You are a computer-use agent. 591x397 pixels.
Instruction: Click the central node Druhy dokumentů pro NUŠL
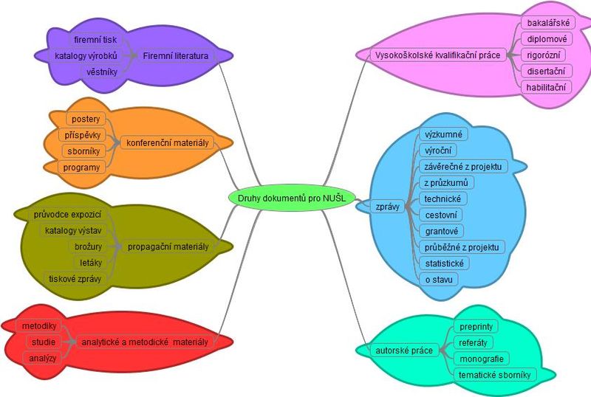coord(292,197)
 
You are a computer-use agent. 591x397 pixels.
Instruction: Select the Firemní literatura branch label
coord(175,55)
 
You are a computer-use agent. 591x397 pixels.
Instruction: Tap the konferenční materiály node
coord(168,142)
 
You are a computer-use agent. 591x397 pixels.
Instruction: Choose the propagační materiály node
coord(168,246)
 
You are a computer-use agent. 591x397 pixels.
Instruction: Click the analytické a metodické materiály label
coord(145,342)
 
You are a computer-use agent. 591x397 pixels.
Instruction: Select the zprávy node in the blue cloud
coord(388,207)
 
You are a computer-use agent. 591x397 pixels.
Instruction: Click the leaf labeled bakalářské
coord(547,23)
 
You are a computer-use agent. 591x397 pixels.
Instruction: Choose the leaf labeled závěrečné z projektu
coord(462,167)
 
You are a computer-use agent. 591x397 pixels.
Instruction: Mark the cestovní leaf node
coord(441,215)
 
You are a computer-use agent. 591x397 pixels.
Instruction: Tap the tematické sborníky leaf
coord(494,375)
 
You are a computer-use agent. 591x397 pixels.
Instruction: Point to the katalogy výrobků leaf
coord(86,55)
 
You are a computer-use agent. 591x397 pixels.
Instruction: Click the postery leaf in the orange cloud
coord(86,119)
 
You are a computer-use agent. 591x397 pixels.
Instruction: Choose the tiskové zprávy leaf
coord(75,278)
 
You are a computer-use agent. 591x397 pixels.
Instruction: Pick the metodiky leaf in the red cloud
coord(39,325)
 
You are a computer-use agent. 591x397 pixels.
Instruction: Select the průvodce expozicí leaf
coord(67,214)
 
